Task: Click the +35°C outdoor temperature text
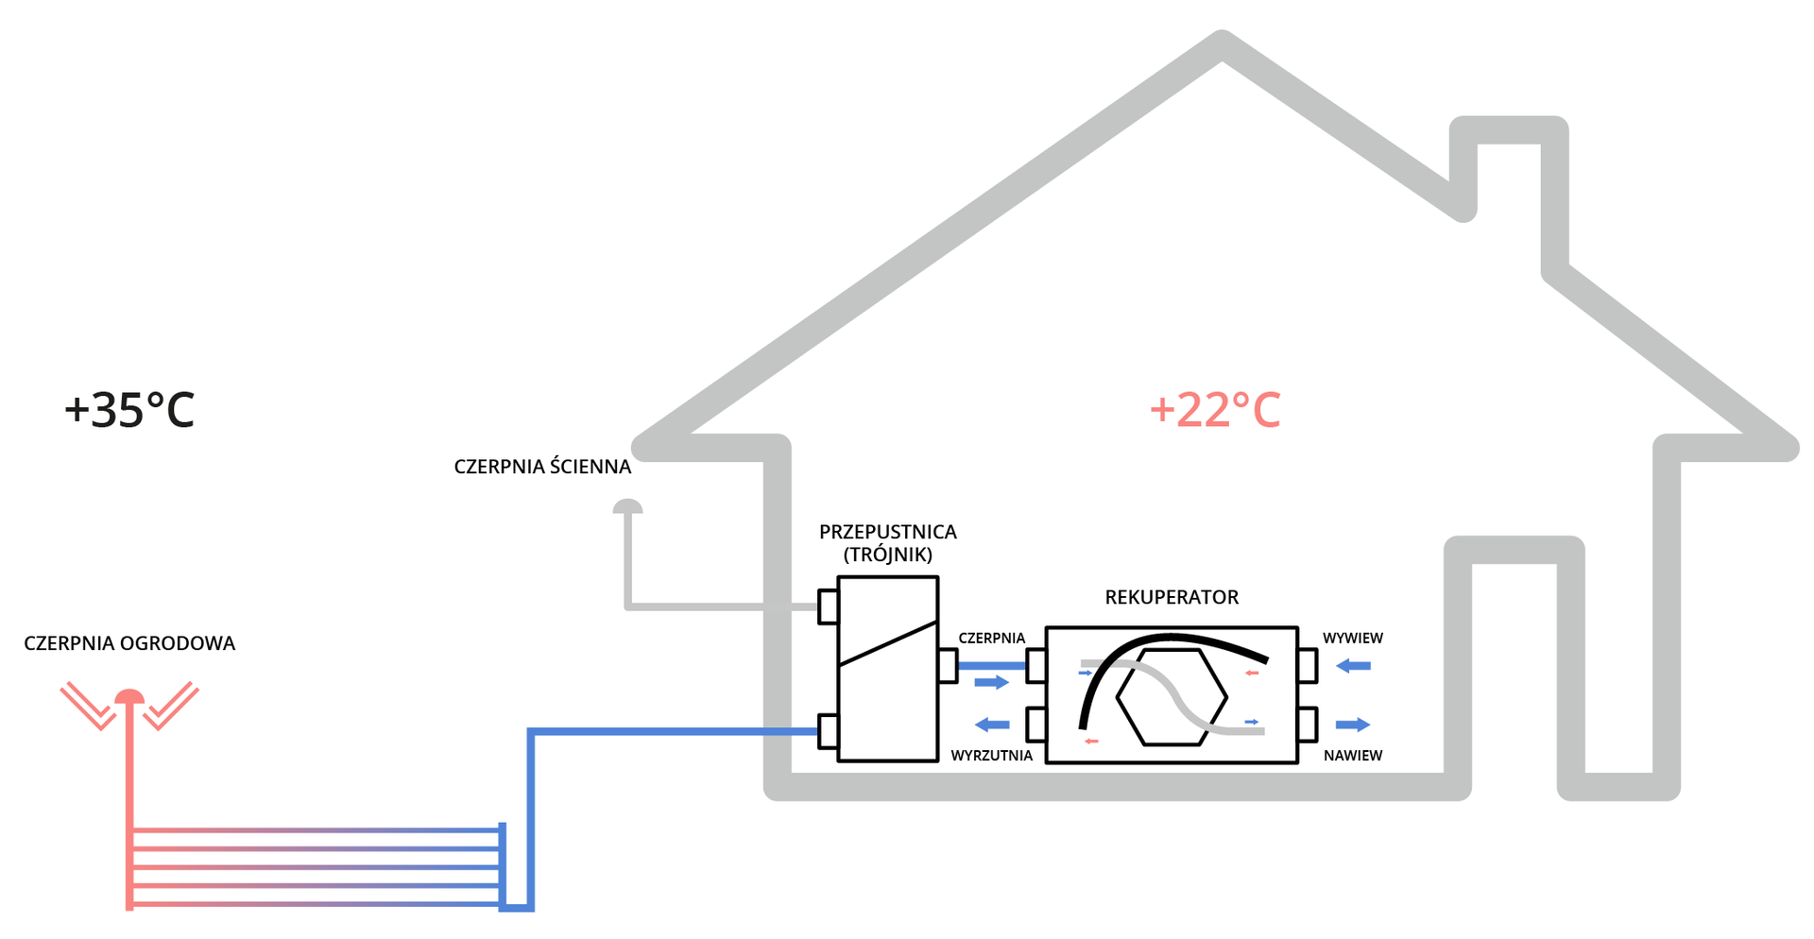[129, 410]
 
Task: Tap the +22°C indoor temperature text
[1215, 410]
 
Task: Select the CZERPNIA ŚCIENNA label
[542, 467]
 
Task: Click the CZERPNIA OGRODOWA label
[129, 643]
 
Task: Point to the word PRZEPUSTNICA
[887, 532]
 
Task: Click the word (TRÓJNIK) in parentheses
[887, 555]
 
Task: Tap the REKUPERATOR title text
[1172, 597]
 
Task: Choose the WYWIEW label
[1352, 639]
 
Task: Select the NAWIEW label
[1352, 756]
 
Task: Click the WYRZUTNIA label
[991, 756]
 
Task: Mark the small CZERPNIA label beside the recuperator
[991, 639]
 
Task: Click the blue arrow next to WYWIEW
[1353, 666]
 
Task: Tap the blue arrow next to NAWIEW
[1353, 725]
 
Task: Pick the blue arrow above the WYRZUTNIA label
[992, 725]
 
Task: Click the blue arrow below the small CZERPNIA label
[992, 682]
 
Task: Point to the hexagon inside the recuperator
[1172, 697]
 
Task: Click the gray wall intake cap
[627, 507]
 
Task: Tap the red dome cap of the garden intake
[129, 697]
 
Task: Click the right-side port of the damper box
[948, 665]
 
